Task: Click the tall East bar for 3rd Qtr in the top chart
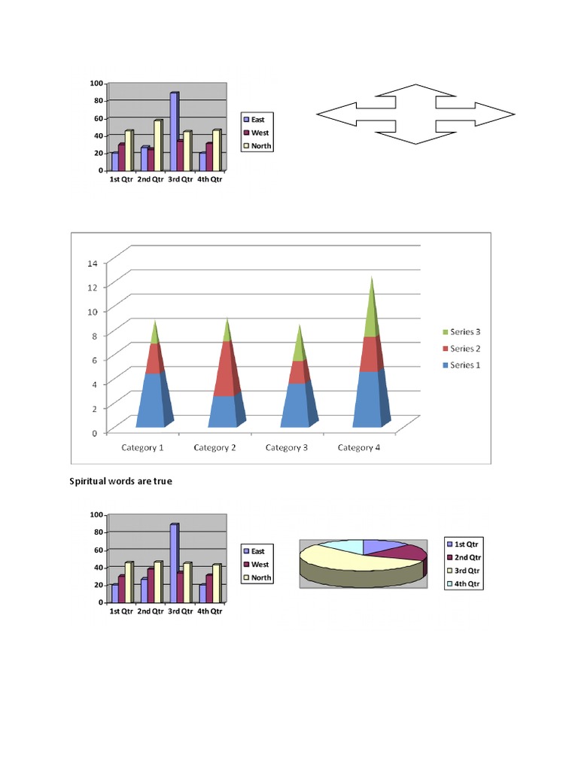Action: point(174,132)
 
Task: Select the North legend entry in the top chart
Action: point(257,146)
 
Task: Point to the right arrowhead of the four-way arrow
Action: point(501,114)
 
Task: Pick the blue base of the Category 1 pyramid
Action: point(151,403)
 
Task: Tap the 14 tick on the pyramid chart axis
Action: point(93,263)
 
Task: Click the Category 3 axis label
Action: point(287,448)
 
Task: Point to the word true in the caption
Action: point(161,480)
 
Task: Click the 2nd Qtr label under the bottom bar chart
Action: point(151,611)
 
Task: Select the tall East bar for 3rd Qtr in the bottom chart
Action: point(174,563)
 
